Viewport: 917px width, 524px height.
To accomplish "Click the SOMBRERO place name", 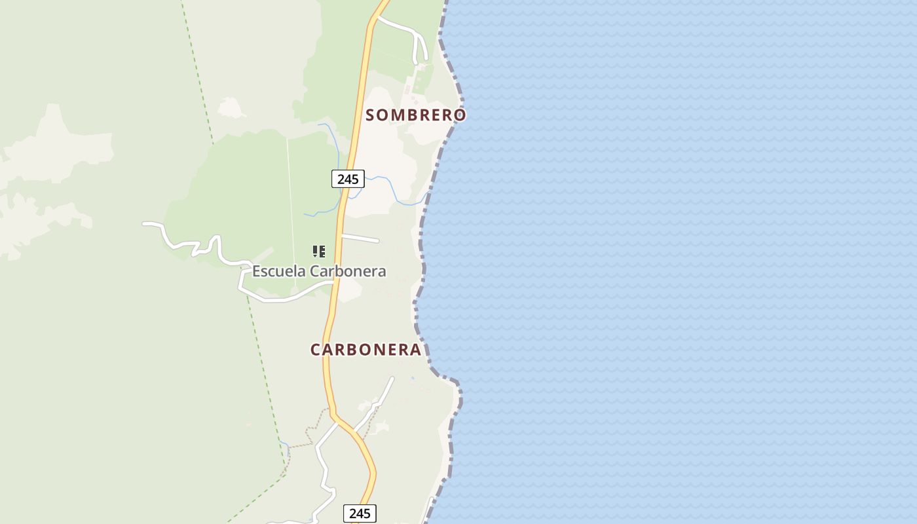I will click(415, 115).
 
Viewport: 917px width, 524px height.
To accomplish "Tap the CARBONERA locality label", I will click(365, 350).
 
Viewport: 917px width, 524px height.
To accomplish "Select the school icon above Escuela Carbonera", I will click(319, 252).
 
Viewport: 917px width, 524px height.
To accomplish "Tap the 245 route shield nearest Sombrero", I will click(348, 179).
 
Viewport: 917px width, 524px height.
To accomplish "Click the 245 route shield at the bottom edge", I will click(360, 514).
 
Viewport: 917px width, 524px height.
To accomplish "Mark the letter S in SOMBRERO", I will click(370, 115).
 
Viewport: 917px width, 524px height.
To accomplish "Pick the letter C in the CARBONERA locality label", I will click(315, 350).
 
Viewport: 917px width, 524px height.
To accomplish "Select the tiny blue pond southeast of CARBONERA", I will click(412, 379).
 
